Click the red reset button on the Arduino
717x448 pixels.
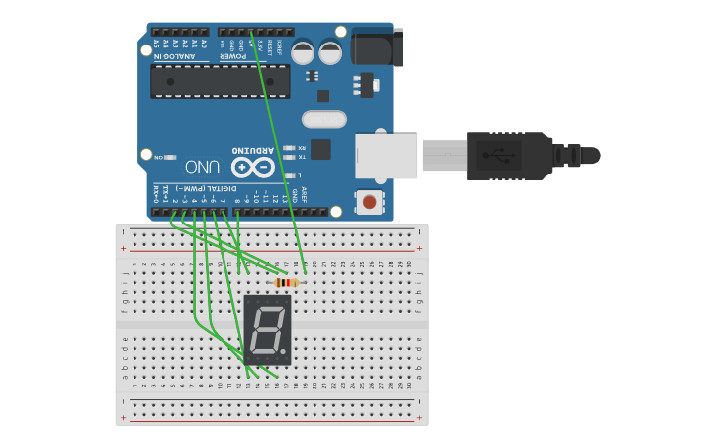[369, 202]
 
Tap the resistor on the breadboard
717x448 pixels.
[287, 283]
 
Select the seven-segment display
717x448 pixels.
[267, 329]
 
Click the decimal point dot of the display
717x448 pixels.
[285, 352]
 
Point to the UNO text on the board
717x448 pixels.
[202, 166]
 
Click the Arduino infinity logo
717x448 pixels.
[252, 167]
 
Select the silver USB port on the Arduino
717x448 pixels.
[387, 155]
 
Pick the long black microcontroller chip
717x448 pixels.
[220, 82]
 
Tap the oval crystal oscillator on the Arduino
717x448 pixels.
[323, 120]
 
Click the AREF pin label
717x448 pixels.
[304, 195]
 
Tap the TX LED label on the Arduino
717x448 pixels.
[302, 156]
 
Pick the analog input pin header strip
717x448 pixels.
[179, 32]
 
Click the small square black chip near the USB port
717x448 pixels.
[319, 150]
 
